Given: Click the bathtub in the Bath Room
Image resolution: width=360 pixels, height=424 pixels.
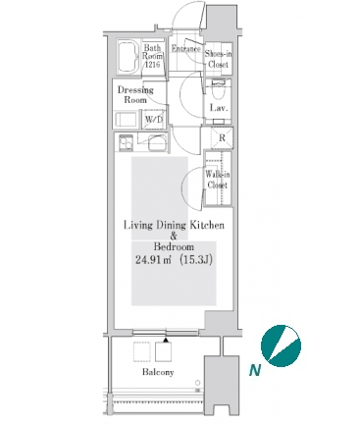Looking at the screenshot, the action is pyautogui.click(x=128, y=57).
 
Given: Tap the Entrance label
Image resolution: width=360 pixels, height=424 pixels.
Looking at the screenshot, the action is pyautogui.click(x=186, y=49).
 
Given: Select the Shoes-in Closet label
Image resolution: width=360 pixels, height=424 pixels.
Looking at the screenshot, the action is pyautogui.click(x=218, y=59).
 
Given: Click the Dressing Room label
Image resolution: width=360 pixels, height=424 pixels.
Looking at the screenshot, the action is pyautogui.click(x=135, y=94).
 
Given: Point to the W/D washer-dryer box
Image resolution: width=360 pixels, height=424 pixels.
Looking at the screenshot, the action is pyautogui.click(x=154, y=119).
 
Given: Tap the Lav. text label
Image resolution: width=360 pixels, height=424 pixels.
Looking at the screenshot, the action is pyautogui.click(x=219, y=108).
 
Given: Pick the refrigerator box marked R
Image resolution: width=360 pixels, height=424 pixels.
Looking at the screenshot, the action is pyautogui.click(x=222, y=137).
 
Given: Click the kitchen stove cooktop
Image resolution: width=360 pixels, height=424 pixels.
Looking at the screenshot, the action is pyautogui.click(x=126, y=142).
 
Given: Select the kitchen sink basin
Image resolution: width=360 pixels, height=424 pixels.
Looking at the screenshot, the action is pyautogui.click(x=158, y=143).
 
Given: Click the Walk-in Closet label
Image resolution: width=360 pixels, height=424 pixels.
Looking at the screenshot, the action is pyautogui.click(x=218, y=180).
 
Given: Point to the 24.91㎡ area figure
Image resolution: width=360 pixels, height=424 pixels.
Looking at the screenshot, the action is pyautogui.click(x=154, y=260).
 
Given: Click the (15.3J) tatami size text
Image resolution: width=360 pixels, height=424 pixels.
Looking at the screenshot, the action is pyautogui.click(x=196, y=260).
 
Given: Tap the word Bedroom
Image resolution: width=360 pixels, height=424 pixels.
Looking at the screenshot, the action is pyautogui.click(x=174, y=246).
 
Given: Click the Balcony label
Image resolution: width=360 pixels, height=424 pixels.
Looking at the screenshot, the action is pyautogui.click(x=158, y=372).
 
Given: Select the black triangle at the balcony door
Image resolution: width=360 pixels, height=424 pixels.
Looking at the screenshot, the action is pyautogui.click(x=166, y=340).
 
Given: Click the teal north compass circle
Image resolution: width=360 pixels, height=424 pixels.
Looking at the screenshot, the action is pyautogui.click(x=281, y=345).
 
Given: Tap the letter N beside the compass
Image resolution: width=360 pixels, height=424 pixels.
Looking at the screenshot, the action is pyautogui.click(x=255, y=370).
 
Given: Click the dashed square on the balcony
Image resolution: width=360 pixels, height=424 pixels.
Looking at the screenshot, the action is pyautogui.click(x=142, y=351).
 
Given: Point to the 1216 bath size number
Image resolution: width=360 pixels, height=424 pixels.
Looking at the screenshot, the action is pyautogui.click(x=152, y=65).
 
